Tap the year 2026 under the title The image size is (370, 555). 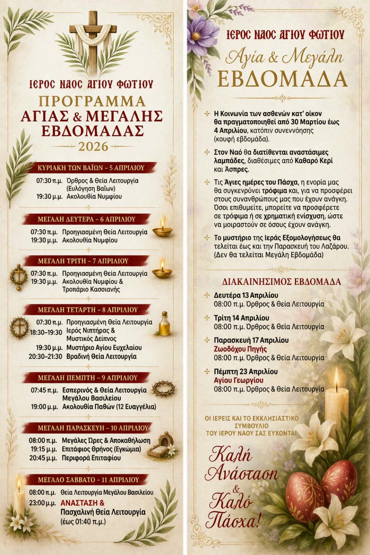coord(93,147)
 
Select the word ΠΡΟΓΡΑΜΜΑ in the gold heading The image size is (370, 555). coord(92,101)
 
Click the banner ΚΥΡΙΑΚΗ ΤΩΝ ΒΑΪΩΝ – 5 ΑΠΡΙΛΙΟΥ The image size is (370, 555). coord(91,168)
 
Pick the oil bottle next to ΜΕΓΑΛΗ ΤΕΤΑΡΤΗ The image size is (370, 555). coord(165,324)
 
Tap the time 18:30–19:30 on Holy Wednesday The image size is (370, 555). coord(46,332)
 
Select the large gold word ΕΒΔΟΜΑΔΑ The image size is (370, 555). coord(282,79)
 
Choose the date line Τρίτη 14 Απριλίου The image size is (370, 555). coord(241,318)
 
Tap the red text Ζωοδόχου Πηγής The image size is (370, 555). coord(240,349)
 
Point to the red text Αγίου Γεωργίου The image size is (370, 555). coord(239,380)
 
